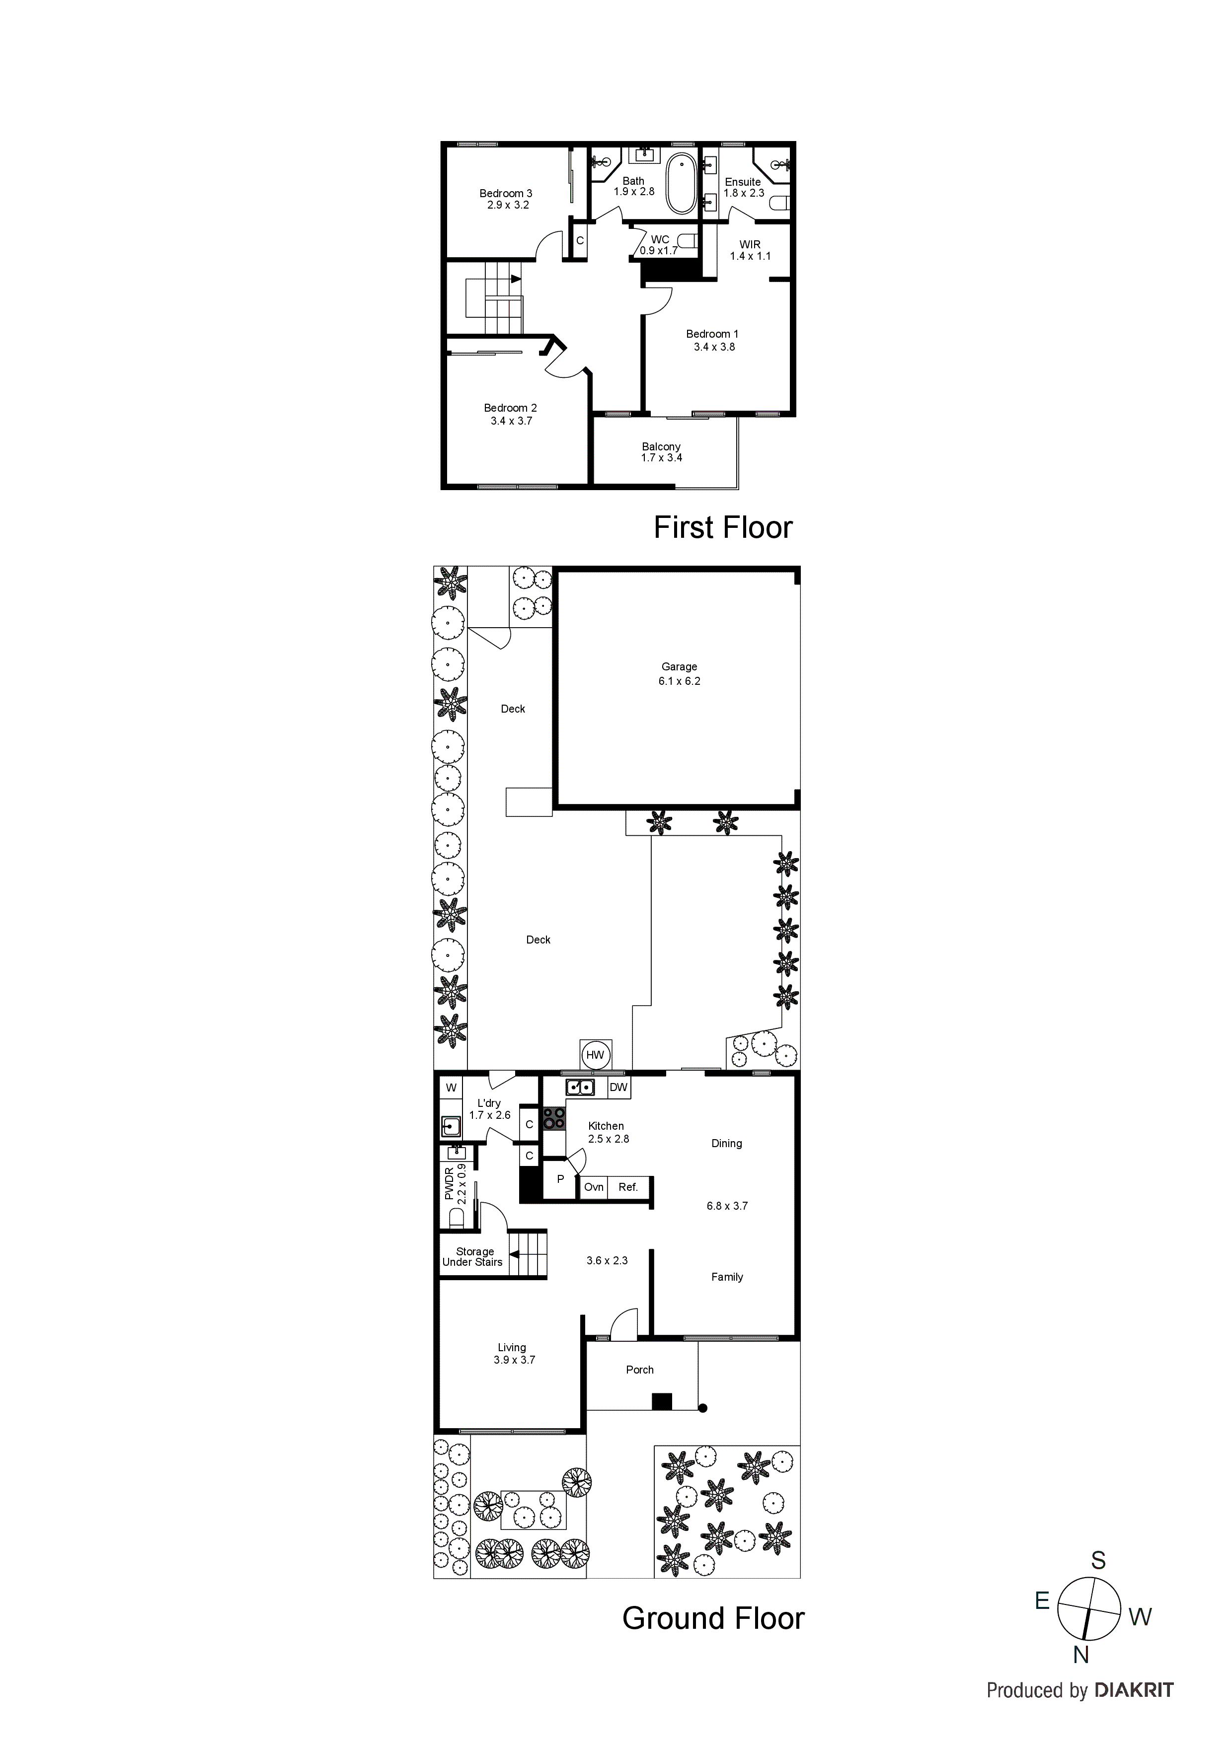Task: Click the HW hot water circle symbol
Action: click(595, 1055)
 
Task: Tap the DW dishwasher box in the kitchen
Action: click(618, 1087)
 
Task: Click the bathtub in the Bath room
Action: click(681, 184)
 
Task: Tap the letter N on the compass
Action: click(1081, 1656)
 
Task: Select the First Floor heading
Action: click(723, 527)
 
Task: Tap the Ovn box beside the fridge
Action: click(594, 1187)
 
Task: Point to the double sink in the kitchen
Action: click(580, 1087)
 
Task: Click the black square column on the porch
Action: click(662, 1402)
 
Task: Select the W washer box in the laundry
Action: click(451, 1087)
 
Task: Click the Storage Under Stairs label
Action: click(473, 1256)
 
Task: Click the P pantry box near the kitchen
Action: click(560, 1179)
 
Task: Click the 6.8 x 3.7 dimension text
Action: click(726, 1206)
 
